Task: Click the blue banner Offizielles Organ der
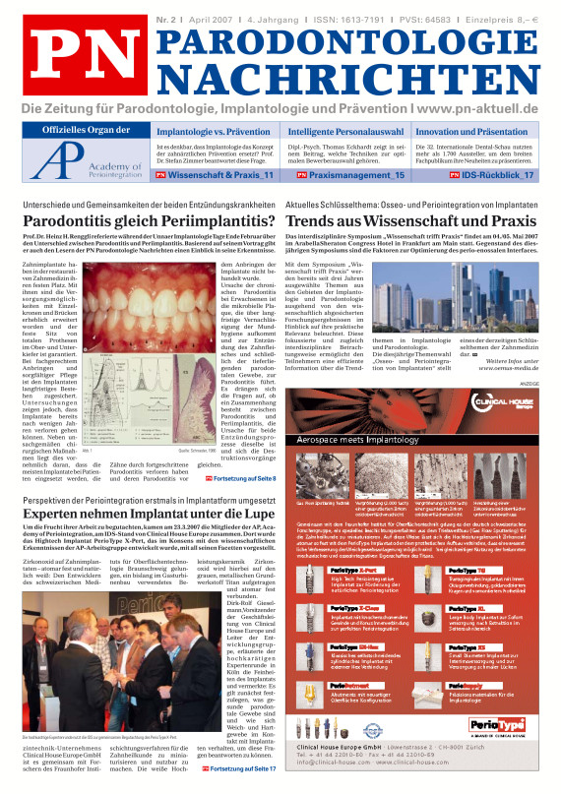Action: tap(91, 131)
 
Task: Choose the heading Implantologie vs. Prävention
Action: tap(215, 131)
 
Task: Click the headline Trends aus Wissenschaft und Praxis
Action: tap(410, 223)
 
